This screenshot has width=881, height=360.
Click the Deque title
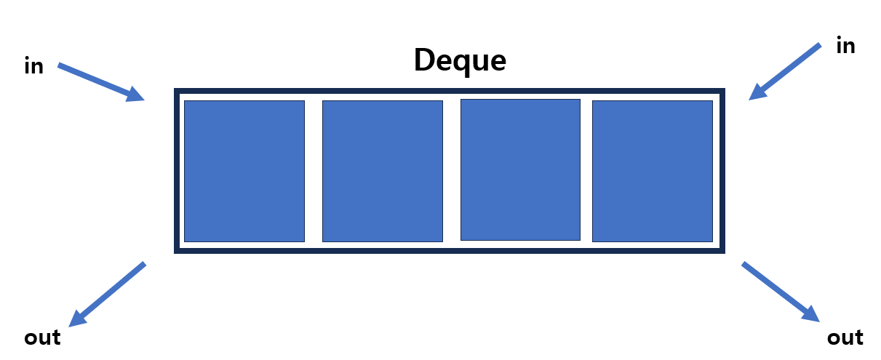[x=459, y=60]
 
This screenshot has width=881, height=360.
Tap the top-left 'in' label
[x=33, y=67]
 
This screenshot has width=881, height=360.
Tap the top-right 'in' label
[x=845, y=47]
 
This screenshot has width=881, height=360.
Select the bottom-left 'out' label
[x=42, y=338]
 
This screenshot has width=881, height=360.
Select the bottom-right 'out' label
[x=845, y=338]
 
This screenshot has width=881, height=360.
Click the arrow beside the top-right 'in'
[x=785, y=71]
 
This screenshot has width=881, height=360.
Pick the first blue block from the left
[x=244, y=171]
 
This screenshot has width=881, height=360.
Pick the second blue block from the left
[x=382, y=171]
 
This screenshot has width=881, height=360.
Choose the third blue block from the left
[x=520, y=169]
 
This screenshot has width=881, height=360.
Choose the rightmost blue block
[x=652, y=171]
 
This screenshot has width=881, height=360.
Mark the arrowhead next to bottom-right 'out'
[x=810, y=313]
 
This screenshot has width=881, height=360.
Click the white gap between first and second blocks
[x=313, y=171]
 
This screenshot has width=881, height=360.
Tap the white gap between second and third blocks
[x=451, y=171]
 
